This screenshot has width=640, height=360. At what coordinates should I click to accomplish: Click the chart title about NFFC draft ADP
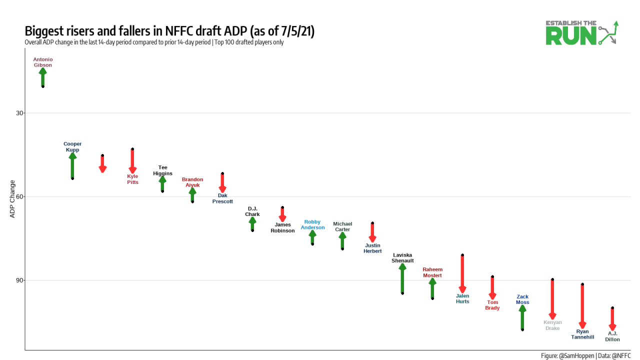[169, 31]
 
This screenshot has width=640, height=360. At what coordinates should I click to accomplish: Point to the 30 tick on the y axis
[20, 113]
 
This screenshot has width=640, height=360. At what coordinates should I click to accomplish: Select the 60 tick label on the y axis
[20, 196]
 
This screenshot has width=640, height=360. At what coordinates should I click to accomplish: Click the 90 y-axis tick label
[20, 280]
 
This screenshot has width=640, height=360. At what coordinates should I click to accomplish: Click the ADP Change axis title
[12, 199]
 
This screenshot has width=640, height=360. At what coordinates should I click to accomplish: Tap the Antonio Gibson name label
[43, 62]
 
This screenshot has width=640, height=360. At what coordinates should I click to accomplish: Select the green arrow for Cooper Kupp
[72, 166]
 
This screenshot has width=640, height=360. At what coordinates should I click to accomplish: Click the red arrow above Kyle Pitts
[132, 160]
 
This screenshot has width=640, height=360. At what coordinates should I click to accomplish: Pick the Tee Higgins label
[162, 170]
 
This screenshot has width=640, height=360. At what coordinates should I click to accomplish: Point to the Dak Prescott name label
[222, 198]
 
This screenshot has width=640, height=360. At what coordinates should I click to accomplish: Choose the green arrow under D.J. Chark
[252, 224]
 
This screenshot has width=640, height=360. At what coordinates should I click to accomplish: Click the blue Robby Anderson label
[312, 224]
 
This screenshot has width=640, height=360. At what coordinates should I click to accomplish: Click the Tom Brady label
[492, 305]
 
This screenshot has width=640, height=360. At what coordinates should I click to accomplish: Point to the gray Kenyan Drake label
[552, 325]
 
